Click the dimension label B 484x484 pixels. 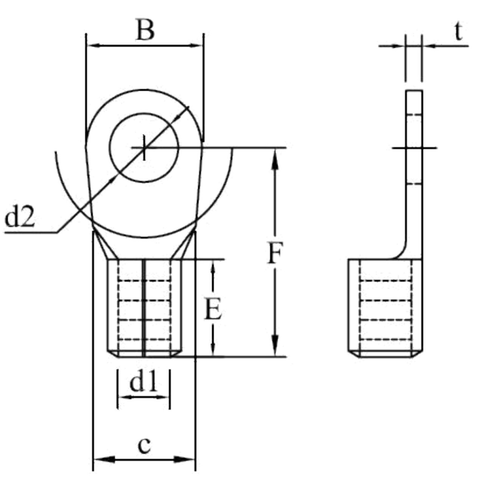click(x=145, y=30)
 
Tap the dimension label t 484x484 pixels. click(x=458, y=32)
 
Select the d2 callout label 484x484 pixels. click(x=19, y=218)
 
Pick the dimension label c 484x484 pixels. click(x=144, y=445)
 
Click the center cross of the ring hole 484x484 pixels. click(x=144, y=148)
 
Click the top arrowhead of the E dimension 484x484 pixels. click(x=214, y=265)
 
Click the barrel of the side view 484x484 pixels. click(x=386, y=307)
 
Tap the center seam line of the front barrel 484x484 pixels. click(x=144, y=307)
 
